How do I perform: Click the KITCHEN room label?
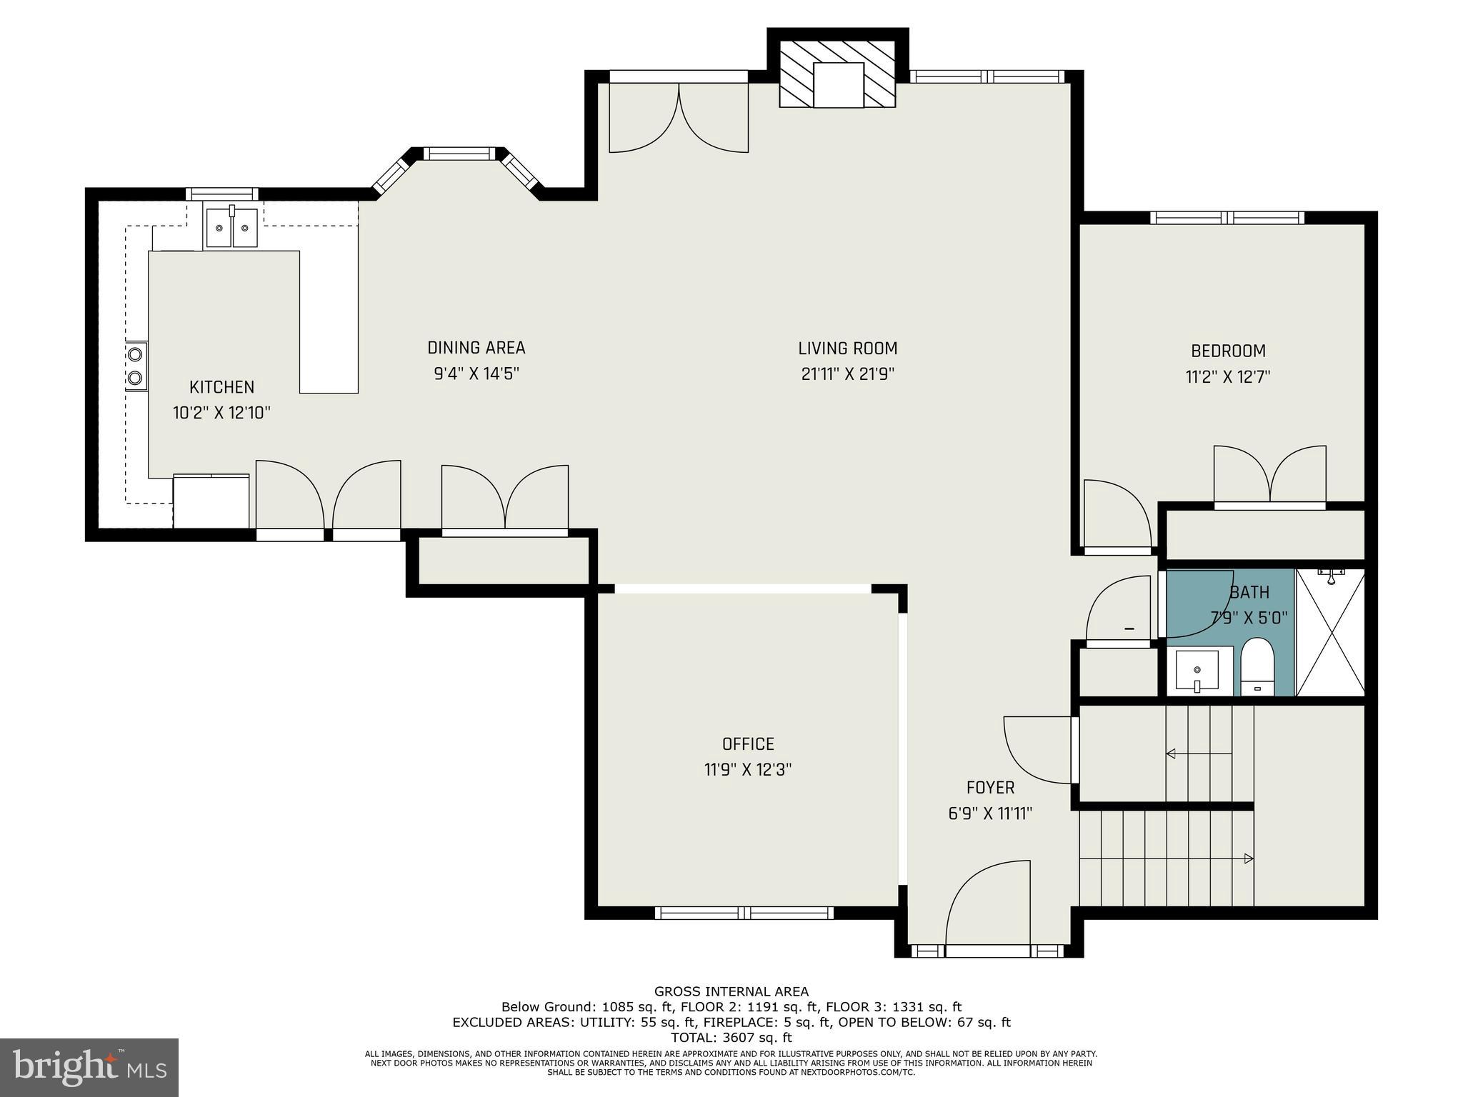point(221,387)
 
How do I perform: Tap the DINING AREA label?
point(476,348)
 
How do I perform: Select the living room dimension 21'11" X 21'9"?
point(847,374)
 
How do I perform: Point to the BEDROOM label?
point(1227,351)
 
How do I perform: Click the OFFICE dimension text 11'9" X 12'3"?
point(747,770)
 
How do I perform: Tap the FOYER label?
point(990,787)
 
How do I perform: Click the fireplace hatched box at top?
point(837,74)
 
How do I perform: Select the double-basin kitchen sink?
point(231,229)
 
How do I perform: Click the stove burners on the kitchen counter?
point(136,366)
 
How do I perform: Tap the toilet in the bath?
point(1257,666)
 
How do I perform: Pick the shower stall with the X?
point(1330,633)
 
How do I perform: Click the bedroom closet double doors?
point(1270,474)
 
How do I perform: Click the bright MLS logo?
point(89,1067)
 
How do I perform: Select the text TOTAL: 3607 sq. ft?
point(731,1038)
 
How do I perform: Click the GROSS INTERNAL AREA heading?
point(731,991)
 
